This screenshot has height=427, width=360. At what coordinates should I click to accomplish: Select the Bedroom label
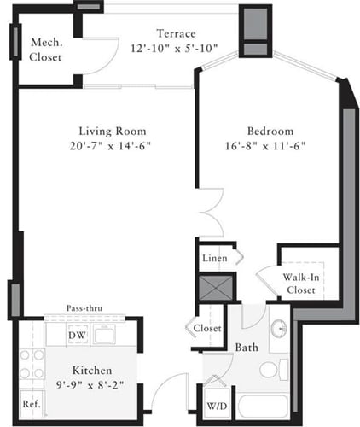270,131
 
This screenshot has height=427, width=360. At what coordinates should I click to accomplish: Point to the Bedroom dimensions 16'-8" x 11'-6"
270,146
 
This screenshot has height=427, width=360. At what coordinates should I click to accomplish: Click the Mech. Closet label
45,50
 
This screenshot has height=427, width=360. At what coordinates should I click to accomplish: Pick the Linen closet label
214,257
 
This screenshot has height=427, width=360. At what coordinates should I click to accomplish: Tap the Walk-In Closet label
301,283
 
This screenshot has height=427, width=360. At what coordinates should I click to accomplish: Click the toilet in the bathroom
271,370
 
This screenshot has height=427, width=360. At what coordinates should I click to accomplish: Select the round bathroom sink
278,330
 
